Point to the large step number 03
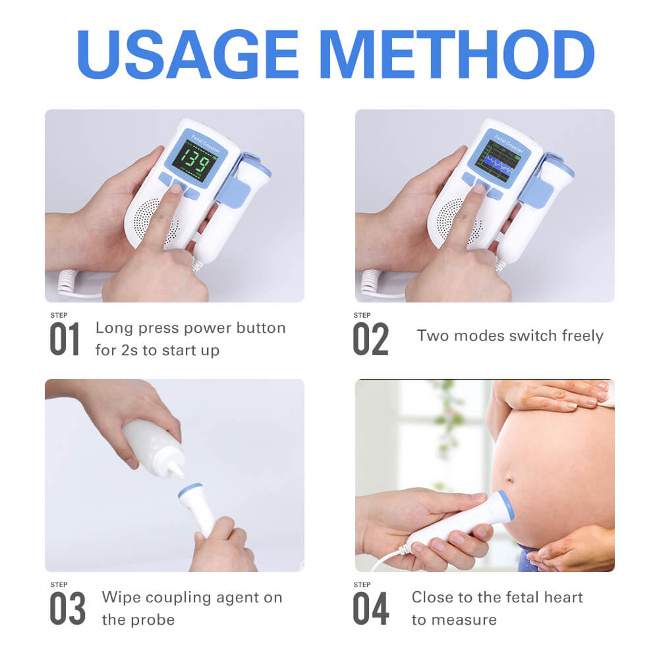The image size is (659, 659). pyautogui.click(x=67, y=609)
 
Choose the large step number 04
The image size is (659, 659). pyautogui.click(x=370, y=609)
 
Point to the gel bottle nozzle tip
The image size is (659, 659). pyautogui.click(x=179, y=474)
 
